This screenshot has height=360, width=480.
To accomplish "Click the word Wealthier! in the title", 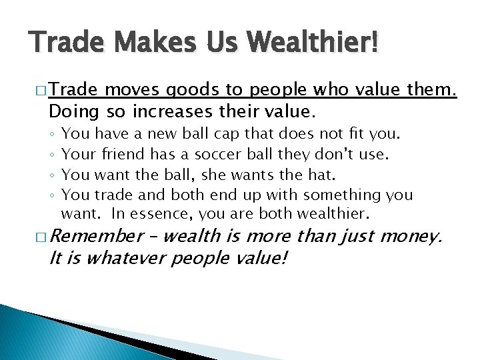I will click(x=313, y=45).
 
